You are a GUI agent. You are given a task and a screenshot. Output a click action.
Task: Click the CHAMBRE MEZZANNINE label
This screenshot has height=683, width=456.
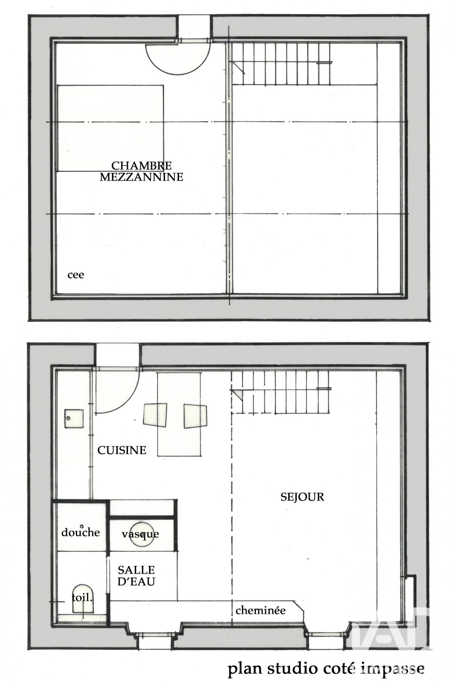[x=142, y=171]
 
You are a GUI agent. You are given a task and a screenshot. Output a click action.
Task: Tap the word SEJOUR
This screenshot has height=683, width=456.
[x=302, y=497]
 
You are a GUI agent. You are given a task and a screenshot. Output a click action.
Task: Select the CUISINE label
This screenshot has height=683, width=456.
[x=122, y=450]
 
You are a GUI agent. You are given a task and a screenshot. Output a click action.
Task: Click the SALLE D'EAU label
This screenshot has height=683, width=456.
[x=136, y=576]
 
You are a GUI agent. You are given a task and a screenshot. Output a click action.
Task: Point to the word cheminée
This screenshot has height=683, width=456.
[x=260, y=610]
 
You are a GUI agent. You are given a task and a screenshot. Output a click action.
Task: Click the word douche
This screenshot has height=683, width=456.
[x=80, y=533]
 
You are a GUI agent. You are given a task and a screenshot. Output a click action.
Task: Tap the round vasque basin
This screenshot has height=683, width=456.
[x=142, y=534]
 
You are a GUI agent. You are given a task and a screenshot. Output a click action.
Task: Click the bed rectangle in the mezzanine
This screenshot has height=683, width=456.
[x=111, y=128]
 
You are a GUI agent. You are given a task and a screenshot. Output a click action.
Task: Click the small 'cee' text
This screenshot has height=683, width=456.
[x=76, y=275]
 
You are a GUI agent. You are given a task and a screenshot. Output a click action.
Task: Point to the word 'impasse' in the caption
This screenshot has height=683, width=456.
[x=393, y=669]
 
